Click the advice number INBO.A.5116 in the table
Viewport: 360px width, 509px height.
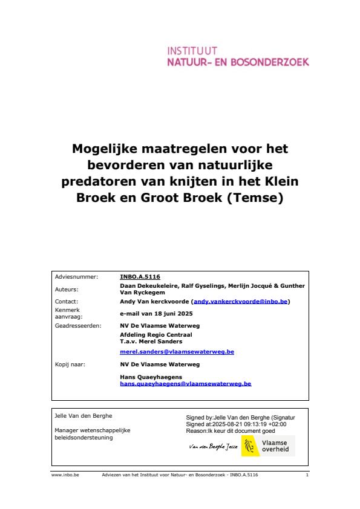[x=140, y=276]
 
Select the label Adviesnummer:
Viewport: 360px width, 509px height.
[x=76, y=276]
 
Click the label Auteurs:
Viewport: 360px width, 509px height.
[x=67, y=289]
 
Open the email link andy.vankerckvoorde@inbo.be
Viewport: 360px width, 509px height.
[x=241, y=301]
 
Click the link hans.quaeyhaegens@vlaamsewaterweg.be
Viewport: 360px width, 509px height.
[x=186, y=383]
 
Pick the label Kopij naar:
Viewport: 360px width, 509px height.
[x=70, y=365]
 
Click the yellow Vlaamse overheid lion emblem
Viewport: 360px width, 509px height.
[x=248, y=446]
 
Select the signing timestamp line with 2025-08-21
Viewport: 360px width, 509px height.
[x=237, y=424]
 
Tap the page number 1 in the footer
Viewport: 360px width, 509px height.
[x=307, y=475]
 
